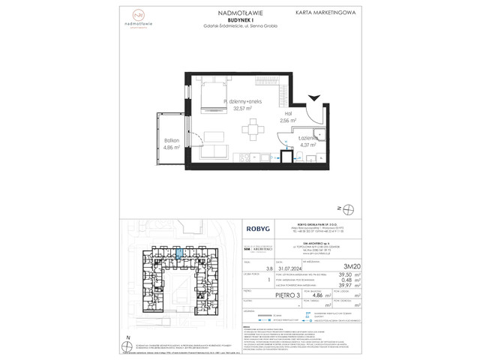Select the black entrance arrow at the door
pyautogui.click(x=313, y=97)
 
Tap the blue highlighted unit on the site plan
pyautogui.click(x=179, y=255)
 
